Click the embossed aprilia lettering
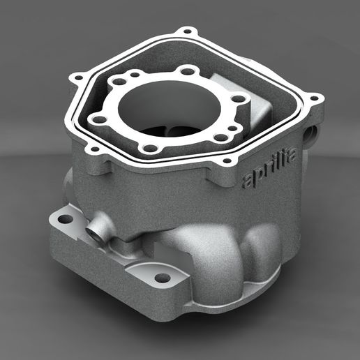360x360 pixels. pyautogui.click(x=268, y=169)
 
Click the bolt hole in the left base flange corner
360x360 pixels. pyautogui.click(x=65, y=219)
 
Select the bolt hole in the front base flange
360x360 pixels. pyautogui.click(x=162, y=278)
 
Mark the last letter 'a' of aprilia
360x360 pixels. pyautogui.click(x=291, y=157)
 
